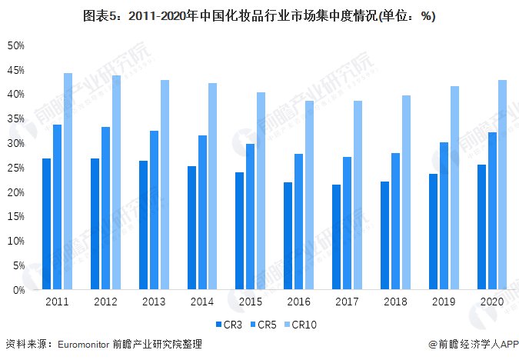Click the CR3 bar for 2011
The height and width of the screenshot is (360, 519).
46,224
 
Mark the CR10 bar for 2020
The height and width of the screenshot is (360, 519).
502,185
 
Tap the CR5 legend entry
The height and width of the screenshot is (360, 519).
264,325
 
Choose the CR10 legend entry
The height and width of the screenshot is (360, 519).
301,325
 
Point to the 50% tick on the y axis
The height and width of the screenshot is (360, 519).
16,45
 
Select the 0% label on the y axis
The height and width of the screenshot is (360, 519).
19,290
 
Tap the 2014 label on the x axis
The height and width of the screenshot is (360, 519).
202,302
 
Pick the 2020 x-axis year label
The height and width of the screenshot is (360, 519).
491,302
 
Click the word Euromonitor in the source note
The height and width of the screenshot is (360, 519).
84,345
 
